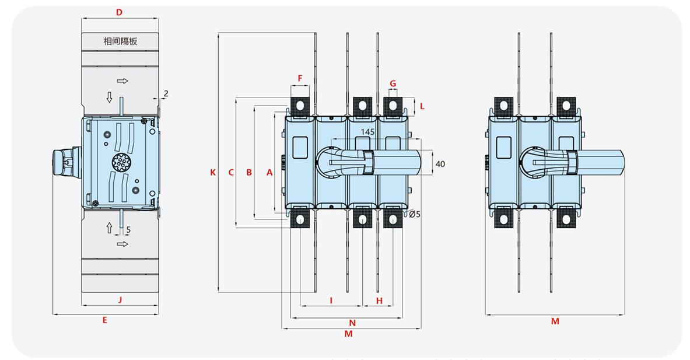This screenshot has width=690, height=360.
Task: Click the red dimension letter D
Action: click(119, 12)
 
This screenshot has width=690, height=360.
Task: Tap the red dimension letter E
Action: click(105, 320)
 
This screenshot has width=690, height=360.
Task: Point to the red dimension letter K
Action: click(213, 172)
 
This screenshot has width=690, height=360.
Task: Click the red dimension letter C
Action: click(231, 172)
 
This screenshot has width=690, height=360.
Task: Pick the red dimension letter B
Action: click(249, 172)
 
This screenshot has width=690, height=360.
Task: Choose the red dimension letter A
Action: click(269, 172)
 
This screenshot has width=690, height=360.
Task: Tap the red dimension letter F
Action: click(300, 78)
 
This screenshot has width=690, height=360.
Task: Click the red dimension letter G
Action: click(393, 83)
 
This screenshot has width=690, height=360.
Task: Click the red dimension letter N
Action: click(352, 323)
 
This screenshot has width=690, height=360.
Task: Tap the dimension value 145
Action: click(367, 132)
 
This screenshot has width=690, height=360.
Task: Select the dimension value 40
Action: click(440, 164)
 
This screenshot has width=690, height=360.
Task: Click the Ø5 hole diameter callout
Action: click(414, 214)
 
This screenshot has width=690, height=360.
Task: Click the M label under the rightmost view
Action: click(555, 321)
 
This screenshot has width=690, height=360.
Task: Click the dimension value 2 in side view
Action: click(166, 93)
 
